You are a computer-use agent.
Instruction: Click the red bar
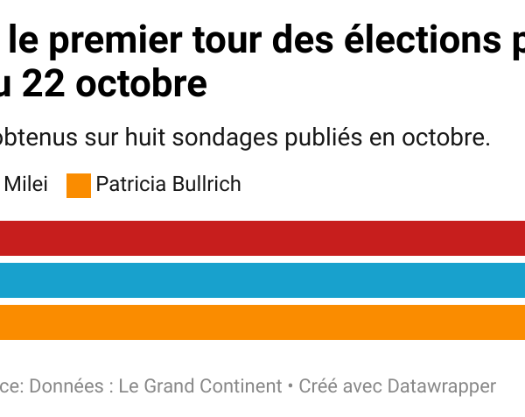coord(262,238)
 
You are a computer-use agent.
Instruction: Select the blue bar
coord(262,280)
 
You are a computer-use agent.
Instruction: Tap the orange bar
coord(262,322)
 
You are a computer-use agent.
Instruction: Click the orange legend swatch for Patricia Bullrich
coord(79,186)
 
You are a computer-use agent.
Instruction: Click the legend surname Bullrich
coord(207,185)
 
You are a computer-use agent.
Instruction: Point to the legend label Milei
coord(26,185)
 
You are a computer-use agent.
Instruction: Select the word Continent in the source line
coord(235,386)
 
